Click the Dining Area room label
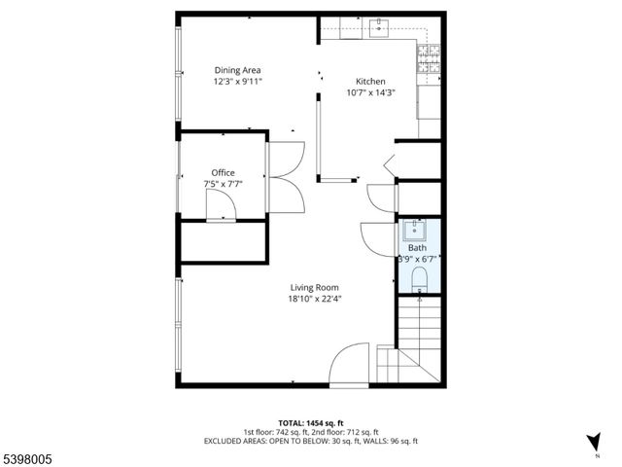(237, 70)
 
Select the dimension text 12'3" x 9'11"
(237, 83)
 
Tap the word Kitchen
(370, 82)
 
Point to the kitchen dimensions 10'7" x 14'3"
(370, 93)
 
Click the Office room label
(224, 172)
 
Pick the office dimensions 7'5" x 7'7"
(224, 183)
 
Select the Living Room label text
(314, 287)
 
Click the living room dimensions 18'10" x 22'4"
(314, 299)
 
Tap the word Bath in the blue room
(417, 248)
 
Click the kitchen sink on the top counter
(377, 29)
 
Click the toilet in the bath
(420, 280)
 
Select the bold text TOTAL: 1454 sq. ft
(311, 421)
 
